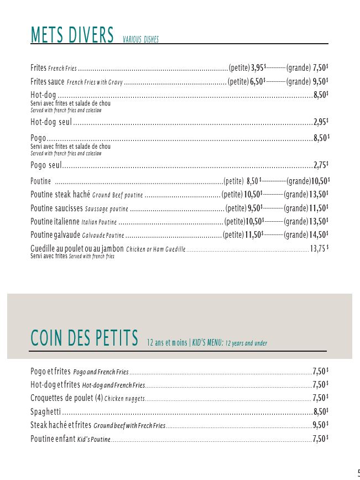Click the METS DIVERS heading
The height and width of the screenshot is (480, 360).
72,35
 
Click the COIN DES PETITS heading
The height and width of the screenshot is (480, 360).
84,338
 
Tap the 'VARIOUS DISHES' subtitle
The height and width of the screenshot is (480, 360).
140,40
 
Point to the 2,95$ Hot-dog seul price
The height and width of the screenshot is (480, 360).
321,122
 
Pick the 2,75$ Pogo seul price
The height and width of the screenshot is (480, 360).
321,165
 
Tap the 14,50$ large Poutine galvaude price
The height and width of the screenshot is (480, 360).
319,234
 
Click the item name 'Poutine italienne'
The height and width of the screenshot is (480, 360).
55,222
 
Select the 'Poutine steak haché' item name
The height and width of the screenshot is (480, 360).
60,195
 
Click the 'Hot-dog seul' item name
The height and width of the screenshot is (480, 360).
51,122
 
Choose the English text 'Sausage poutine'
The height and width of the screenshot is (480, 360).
106,209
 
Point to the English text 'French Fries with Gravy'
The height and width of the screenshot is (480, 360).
95,82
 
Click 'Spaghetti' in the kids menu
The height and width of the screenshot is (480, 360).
45,411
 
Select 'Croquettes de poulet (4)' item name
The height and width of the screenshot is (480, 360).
66,398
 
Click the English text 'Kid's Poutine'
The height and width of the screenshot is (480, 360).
94,440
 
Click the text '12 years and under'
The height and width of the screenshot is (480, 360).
246,343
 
